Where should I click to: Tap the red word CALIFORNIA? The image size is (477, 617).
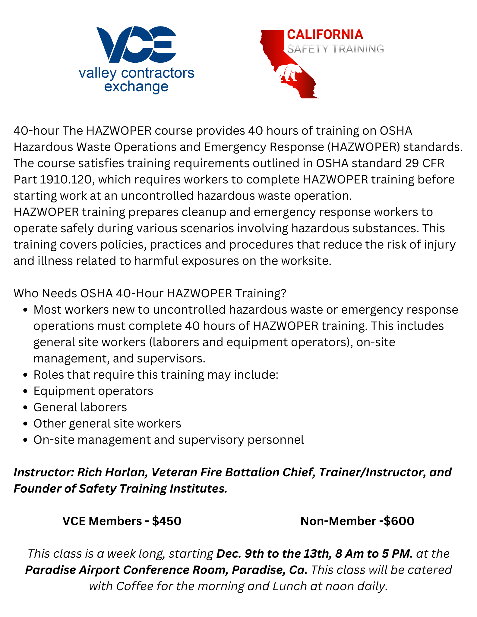[325, 35]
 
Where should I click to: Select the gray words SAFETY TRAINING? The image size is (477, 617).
[335, 49]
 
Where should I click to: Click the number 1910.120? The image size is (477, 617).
[65, 180]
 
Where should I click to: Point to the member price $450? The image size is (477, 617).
[167, 521]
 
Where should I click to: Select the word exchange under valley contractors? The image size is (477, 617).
[136, 87]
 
